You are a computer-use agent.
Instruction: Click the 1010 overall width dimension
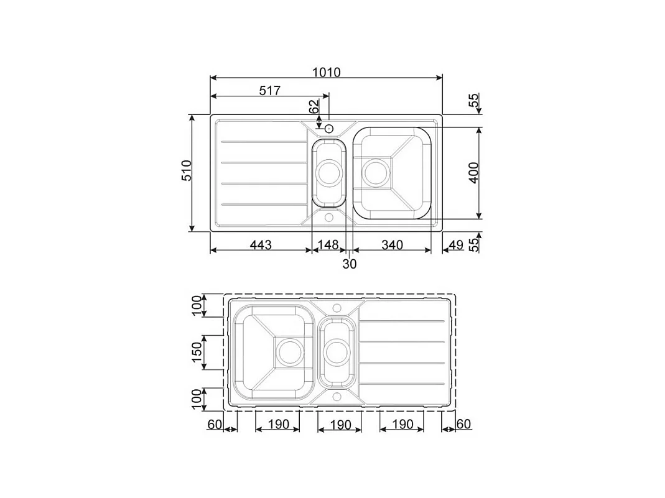[326, 72]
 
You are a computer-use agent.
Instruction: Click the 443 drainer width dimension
[261, 245]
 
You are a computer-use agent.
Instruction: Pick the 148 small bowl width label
[328, 245]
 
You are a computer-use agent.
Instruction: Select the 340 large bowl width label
[392, 245]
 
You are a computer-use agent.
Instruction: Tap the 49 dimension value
[456, 245]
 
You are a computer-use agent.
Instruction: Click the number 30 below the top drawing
[350, 264]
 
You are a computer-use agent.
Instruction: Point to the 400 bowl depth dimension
[473, 172]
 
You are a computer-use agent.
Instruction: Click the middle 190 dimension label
[339, 425]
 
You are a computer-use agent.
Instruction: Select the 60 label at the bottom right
[463, 424]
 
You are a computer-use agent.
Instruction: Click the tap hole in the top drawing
[329, 128]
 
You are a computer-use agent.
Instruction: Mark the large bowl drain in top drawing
[375, 171]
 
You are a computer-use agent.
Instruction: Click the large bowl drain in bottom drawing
[288, 352]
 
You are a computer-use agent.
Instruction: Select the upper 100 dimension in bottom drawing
[197, 306]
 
